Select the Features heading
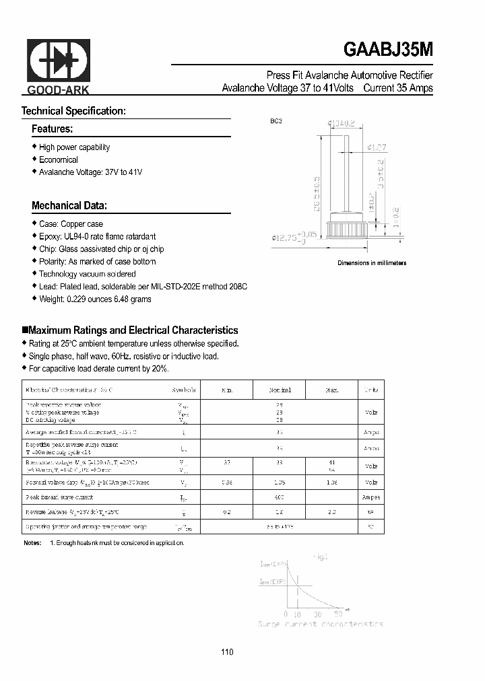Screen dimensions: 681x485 pyautogui.click(x=52, y=129)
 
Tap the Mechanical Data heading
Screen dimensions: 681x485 pyautogui.click(x=69, y=206)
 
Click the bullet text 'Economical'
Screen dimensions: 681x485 pyautogui.click(x=58, y=160)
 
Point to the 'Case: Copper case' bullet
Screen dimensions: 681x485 pyautogui.click(x=71, y=223)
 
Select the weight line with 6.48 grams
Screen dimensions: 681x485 pyautogui.click(x=94, y=299)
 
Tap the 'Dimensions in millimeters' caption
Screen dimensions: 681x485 pyautogui.click(x=372, y=263)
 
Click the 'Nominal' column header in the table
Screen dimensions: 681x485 pyautogui.click(x=280, y=390)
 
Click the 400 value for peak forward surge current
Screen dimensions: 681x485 pyautogui.click(x=280, y=497)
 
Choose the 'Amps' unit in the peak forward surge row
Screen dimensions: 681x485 pyautogui.click(x=371, y=497)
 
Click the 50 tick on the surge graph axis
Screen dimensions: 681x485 pyautogui.click(x=338, y=614)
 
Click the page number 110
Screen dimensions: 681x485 pyautogui.click(x=227, y=652)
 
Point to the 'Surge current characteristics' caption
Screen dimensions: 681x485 pyautogui.click(x=321, y=624)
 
